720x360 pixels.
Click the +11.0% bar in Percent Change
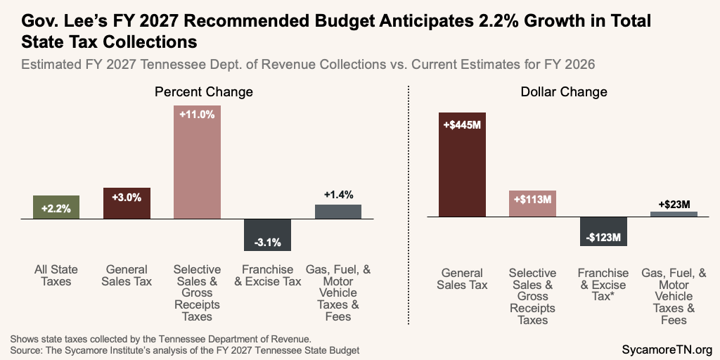(x=197, y=162)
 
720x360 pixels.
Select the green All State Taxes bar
(x=56, y=207)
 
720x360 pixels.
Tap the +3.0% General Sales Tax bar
(x=127, y=203)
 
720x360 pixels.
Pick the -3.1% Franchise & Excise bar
(x=267, y=235)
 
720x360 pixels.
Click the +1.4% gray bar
(x=337, y=212)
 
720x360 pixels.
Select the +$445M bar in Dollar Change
(x=462, y=165)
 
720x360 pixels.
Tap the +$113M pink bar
(x=532, y=203)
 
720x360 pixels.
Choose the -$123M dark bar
(x=603, y=231)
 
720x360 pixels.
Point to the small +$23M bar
(x=674, y=214)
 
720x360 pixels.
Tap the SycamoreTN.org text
(x=667, y=349)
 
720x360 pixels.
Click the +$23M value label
(x=674, y=204)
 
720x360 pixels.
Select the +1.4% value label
(x=338, y=195)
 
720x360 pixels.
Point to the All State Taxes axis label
(x=56, y=276)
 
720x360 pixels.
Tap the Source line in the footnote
(x=190, y=349)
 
